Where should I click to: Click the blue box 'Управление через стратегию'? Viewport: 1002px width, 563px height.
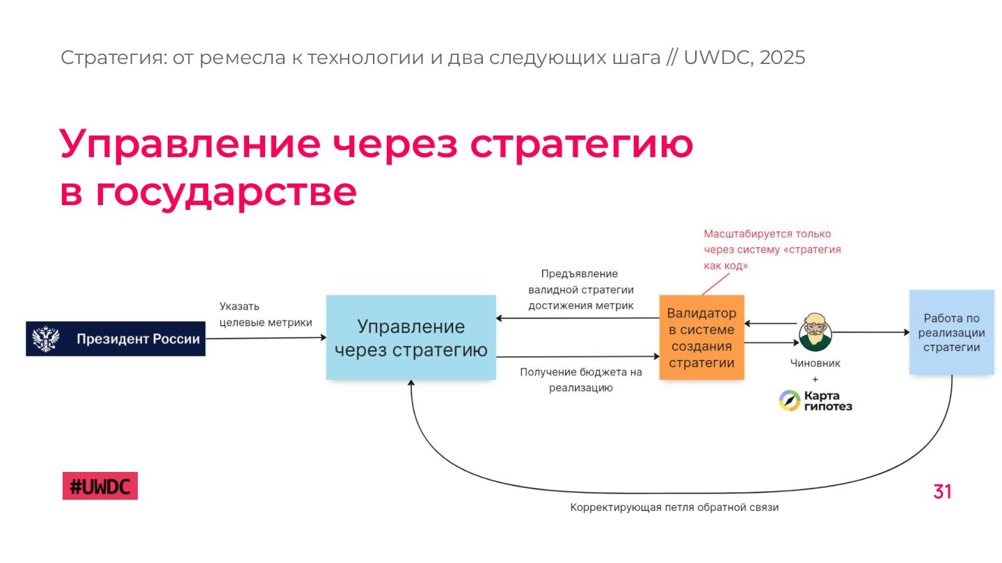(411, 338)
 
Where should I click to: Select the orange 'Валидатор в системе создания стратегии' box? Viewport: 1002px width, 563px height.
(701, 338)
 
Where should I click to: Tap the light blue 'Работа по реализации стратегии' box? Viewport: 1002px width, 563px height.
(951, 333)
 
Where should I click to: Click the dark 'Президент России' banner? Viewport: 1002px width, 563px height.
(116, 339)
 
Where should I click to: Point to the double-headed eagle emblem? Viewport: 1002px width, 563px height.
(47, 339)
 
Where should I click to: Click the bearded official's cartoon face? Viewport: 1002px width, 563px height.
(814, 332)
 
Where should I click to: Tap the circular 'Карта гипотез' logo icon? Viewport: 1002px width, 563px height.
(789, 401)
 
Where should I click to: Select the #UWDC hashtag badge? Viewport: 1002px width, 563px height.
(100, 487)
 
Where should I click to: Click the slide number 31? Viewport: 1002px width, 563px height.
(942, 492)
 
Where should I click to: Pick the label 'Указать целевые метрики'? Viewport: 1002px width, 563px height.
(265, 314)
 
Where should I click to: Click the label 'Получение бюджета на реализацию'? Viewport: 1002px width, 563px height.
(580, 380)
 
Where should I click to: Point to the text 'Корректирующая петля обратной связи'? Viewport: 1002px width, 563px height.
(674, 507)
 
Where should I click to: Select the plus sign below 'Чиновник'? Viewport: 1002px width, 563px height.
(815, 380)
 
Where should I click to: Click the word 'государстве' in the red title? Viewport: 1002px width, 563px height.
(226, 193)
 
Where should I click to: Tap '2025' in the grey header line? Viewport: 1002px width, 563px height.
(782, 58)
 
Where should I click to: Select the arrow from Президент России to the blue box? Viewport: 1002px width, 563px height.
(266, 338)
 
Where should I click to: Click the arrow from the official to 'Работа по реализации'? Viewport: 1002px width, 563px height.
(870, 333)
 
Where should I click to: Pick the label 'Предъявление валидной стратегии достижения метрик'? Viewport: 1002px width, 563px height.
(580, 290)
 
